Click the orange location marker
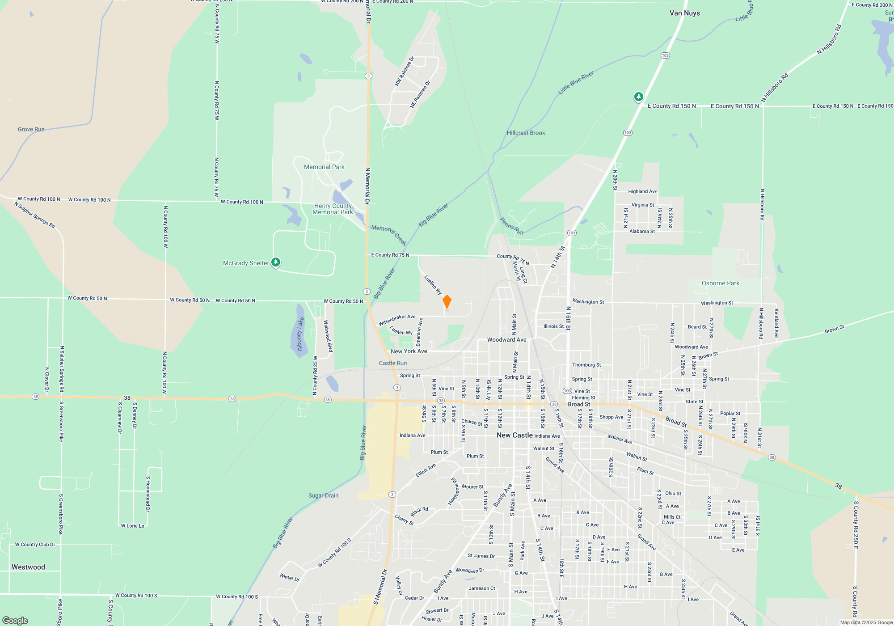[447, 302]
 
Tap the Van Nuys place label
[684, 13]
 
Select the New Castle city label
[514, 435]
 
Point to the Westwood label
[28, 567]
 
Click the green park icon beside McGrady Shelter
[276, 262]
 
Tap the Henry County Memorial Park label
[333, 209]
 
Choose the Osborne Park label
[720, 283]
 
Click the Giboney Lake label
[300, 334]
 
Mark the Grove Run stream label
[31, 129]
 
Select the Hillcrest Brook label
[526, 133]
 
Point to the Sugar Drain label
[323, 495]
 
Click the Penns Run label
[511, 226]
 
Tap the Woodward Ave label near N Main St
[506, 340]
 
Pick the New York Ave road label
[409, 351]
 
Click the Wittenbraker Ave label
[397, 320]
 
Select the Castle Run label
[393, 363]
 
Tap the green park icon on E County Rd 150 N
[639, 97]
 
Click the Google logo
[15, 620]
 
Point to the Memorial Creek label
[389, 234]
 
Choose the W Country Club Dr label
[35, 545]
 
